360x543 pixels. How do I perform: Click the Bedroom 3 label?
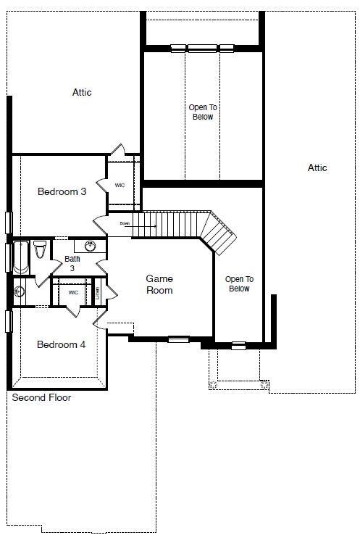point(62,192)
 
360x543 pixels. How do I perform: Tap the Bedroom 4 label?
point(62,344)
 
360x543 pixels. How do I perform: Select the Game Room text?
point(159,284)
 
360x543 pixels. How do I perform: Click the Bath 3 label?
point(73,263)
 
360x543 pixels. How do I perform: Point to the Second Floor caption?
point(41,398)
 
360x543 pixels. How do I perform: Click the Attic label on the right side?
point(317,167)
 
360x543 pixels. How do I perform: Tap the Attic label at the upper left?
point(82,92)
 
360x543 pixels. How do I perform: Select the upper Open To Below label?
point(203,112)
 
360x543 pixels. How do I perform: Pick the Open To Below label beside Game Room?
point(238,283)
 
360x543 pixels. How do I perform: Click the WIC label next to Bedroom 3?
point(120,186)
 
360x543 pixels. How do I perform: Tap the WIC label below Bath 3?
point(73,292)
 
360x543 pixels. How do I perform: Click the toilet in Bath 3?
point(40,251)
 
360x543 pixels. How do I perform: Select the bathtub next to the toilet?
point(20,258)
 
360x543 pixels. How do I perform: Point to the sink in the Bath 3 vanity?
point(90,246)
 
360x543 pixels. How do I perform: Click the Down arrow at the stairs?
point(138,224)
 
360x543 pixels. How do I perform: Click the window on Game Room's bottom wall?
point(178,339)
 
